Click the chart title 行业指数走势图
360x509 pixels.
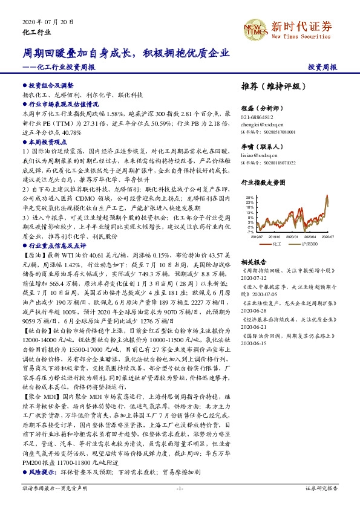[x=262, y=181]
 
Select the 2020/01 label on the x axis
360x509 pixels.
[x=292, y=238]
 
